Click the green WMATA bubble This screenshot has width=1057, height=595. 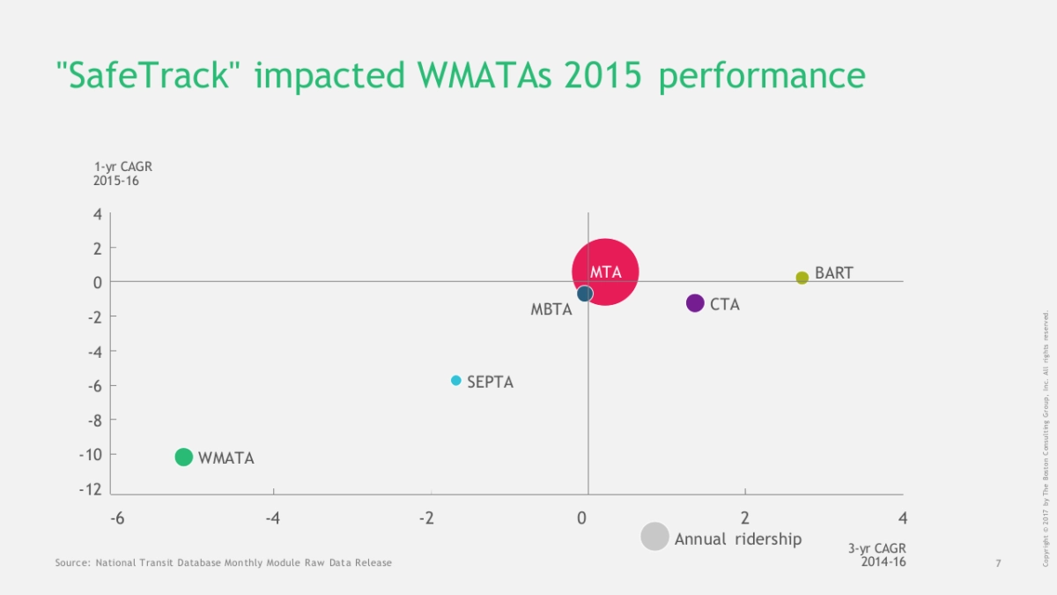pyautogui.click(x=183, y=457)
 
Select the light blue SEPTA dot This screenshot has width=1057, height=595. pyautogui.click(x=456, y=381)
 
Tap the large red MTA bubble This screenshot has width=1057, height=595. pyautogui.click(x=605, y=272)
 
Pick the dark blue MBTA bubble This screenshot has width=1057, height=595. pyautogui.click(x=585, y=294)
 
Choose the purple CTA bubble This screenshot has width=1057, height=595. pyautogui.click(x=695, y=303)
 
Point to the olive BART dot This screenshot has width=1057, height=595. pyautogui.click(x=802, y=278)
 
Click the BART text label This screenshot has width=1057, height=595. pyautogui.click(x=833, y=273)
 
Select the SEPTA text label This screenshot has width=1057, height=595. pyautogui.click(x=490, y=383)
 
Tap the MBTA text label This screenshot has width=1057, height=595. pyautogui.click(x=551, y=309)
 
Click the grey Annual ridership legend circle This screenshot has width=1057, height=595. pyautogui.click(x=654, y=537)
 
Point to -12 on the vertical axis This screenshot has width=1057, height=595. pyautogui.click(x=90, y=489)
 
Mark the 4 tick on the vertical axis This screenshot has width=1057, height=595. pyautogui.click(x=97, y=214)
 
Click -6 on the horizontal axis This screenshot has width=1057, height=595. pyautogui.click(x=117, y=518)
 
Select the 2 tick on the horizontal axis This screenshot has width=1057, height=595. pyautogui.click(x=745, y=518)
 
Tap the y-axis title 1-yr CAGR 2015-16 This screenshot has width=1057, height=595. pyautogui.click(x=116, y=174)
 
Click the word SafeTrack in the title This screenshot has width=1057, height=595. pyautogui.click(x=150, y=76)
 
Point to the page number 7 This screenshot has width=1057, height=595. pyautogui.click(x=998, y=563)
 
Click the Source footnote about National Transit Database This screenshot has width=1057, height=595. pyautogui.click(x=223, y=562)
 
